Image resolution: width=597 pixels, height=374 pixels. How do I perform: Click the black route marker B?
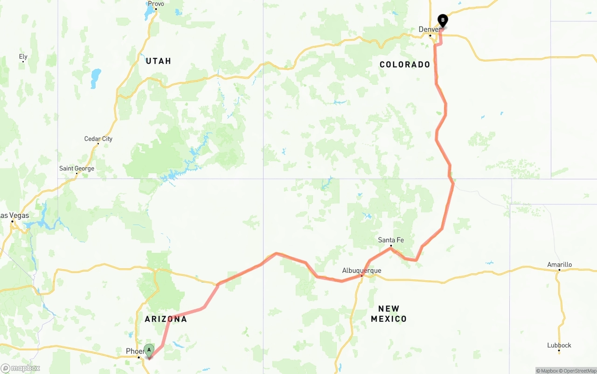pos(443,20)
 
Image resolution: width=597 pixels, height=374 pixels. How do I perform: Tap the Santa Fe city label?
pos(391,240)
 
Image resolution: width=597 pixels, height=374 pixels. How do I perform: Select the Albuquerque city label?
pos(361,270)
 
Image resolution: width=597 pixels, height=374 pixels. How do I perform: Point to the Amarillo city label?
pos(559,265)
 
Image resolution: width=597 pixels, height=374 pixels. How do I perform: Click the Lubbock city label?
pos(559,345)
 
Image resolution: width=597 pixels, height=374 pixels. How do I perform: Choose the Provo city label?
pos(156,4)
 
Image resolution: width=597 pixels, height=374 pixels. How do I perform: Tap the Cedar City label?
pos(98,139)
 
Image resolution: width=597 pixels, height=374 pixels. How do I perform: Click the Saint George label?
pos(76,169)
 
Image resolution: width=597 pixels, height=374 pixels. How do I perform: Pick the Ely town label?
pos(23,57)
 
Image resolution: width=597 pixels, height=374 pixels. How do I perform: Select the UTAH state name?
pos(159,61)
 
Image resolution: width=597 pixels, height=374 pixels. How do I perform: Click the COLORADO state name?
pos(405,65)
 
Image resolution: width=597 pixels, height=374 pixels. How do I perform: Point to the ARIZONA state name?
pos(166,319)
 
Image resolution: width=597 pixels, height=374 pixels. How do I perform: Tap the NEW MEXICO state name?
pos(389,314)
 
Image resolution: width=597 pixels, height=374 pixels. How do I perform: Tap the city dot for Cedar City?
pos(98,144)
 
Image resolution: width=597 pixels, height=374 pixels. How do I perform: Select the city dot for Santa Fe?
pos(391,245)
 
